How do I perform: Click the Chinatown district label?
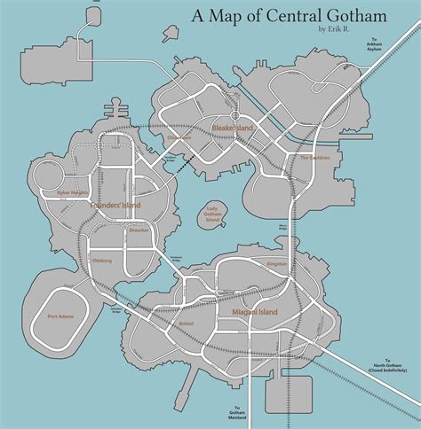tap(178, 137)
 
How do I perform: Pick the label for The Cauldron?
tap(314, 158)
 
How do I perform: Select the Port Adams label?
tap(62, 315)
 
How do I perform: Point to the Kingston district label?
tap(276, 263)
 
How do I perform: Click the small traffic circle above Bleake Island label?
tap(234, 115)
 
